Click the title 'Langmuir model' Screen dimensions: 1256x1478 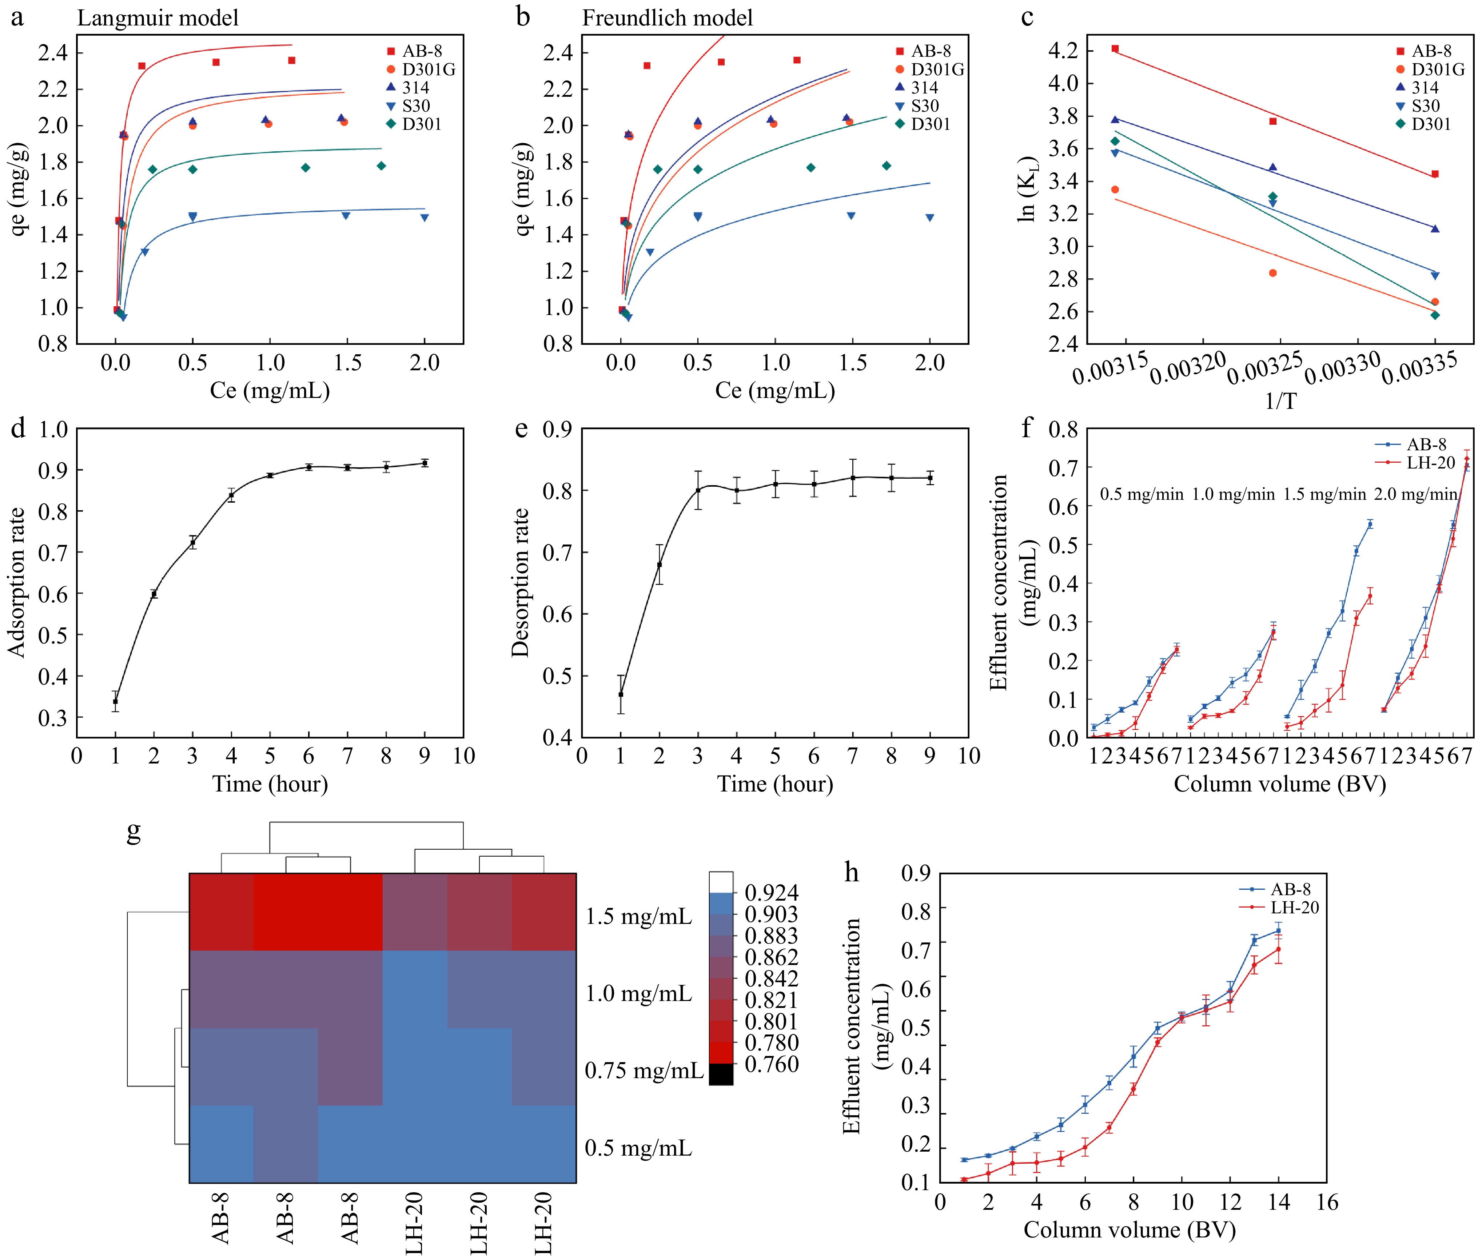(158, 18)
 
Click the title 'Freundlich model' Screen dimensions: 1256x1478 (667, 18)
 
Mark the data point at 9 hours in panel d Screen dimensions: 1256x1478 (425, 463)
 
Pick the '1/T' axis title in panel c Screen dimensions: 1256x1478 (1280, 401)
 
